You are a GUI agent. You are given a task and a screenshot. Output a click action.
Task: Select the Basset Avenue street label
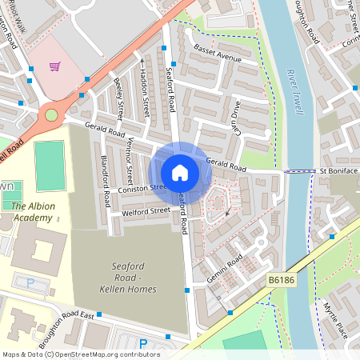click(x=218, y=58)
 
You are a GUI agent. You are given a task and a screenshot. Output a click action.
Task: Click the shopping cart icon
click(x=55, y=66)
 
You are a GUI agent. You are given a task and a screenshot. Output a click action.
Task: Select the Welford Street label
click(x=146, y=211)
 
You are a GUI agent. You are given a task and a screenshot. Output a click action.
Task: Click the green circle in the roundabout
click(x=51, y=115)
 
